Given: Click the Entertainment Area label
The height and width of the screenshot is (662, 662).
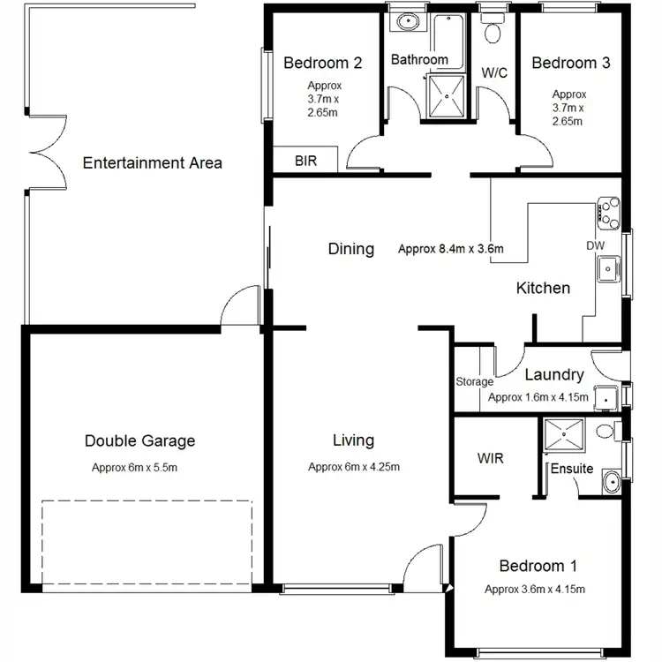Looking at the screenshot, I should (152, 162).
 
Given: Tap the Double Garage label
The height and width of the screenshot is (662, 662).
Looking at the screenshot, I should (139, 440).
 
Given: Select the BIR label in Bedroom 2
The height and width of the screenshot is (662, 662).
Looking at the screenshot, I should (305, 162).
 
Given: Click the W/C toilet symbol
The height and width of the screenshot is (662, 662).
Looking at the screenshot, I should (492, 32).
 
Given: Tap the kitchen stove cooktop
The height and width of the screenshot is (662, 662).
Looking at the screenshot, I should (608, 211).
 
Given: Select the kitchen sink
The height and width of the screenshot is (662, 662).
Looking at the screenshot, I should (608, 268).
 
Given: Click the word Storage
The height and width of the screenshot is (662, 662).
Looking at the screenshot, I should (474, 382).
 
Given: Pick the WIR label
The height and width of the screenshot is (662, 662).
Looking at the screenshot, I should (490, 459).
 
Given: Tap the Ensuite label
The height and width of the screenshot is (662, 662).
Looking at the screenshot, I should (572, 469).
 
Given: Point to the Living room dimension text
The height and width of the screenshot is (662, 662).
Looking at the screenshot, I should (353, 467).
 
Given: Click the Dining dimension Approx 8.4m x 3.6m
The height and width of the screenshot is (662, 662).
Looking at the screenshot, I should (450, 249).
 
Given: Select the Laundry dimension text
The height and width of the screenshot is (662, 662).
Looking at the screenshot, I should (538, 397).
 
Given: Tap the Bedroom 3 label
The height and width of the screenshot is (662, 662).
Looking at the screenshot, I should (570, 63).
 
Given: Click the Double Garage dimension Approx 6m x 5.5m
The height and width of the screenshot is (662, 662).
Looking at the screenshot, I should (139, 468).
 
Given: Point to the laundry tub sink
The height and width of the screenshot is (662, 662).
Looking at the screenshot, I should (605, 398).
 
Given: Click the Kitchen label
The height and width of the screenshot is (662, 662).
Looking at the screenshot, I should (543, 288).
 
